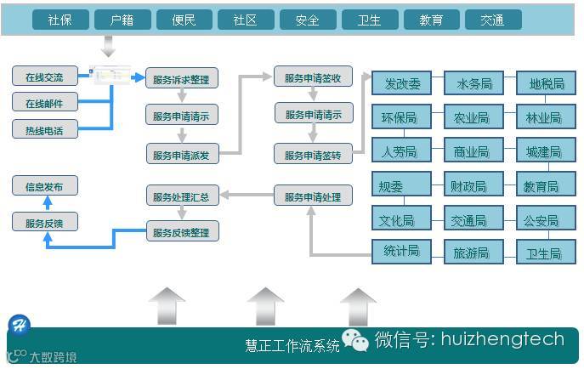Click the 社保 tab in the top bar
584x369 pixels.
pos(60,20)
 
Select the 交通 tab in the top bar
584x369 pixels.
pos(492,20)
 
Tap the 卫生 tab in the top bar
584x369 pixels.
pos(369,20)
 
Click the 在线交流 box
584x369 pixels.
pos(44,76)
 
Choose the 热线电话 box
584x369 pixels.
pos(44,129)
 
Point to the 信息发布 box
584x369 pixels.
pos(44,186)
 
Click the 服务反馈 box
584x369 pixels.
pos(44,223)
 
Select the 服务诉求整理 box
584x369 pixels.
pos(182,79)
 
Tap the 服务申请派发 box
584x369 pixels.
pos(182,154)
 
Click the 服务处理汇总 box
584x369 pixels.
pos(182,196)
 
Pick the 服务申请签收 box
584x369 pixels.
pos(313,77)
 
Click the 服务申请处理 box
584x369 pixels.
pos(313,196)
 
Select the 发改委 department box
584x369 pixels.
pos(402,83)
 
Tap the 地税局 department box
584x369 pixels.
pos(546,83)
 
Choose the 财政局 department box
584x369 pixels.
pos(473,185)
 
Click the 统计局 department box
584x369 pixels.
pos(402,252)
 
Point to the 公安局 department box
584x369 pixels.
pos(546,219)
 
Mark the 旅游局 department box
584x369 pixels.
pos(473,253)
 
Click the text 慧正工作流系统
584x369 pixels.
pos(292,345)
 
